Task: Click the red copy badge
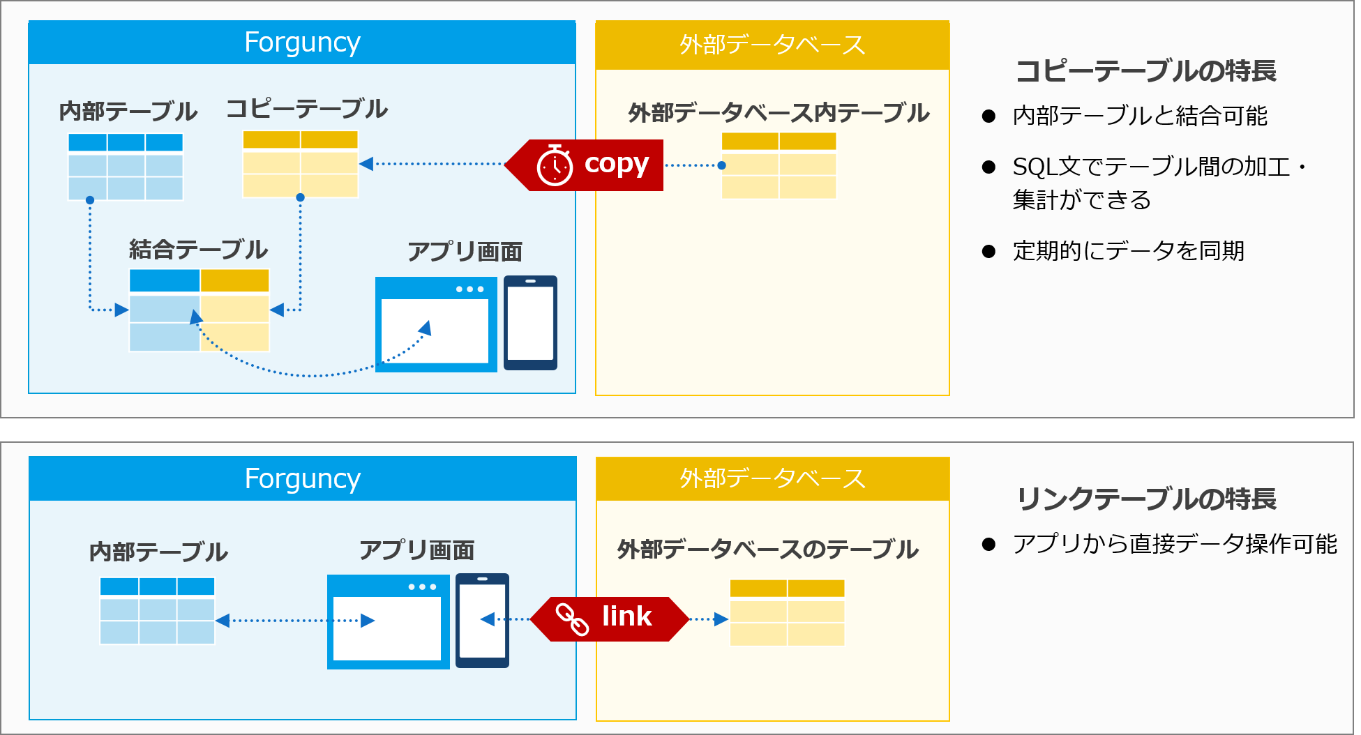click(x=584, y=165)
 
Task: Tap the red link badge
click(x=610, y=619)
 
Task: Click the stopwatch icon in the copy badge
click(x=555, y=165)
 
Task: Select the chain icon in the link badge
click(x=572, y=619)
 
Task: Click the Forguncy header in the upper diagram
click(x=302, y=43)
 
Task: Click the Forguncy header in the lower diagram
click(x=303, y=479)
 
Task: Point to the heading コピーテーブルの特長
click(x=1146, y=71)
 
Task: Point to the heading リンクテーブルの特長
click(x=1146, y=499)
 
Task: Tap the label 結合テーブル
click(x=198, y=250)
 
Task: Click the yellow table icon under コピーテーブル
click(x=300, y=164)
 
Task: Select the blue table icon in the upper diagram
click(x=126, y=167)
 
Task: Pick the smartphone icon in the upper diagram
click(x=530, y=323)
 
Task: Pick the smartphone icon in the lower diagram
click(x=482, y=621)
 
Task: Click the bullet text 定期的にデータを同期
click(x=1129, y=251)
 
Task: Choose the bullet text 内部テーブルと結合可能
click(x=1140, y=116)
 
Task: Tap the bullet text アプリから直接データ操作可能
click(x=1175, y=544)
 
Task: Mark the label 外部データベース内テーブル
click(x=779, y=113)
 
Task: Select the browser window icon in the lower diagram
click(x=389, y=622)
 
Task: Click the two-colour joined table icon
click(x=200, y=310)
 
